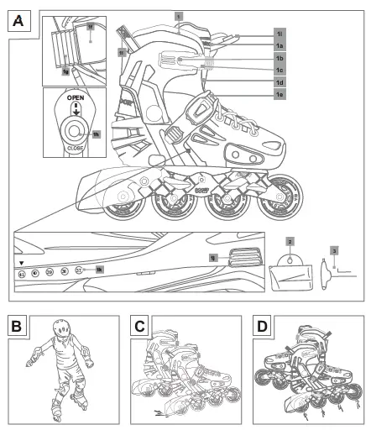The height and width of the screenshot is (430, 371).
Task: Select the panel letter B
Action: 17,324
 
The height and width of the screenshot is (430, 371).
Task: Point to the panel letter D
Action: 262,324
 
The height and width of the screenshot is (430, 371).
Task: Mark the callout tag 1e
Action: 280,97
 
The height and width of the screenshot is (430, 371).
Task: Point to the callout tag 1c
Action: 280,71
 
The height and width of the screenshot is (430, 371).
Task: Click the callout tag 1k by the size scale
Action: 99,270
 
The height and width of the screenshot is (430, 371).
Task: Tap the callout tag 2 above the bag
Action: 289,241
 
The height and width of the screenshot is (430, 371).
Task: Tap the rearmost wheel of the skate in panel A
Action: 111,207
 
